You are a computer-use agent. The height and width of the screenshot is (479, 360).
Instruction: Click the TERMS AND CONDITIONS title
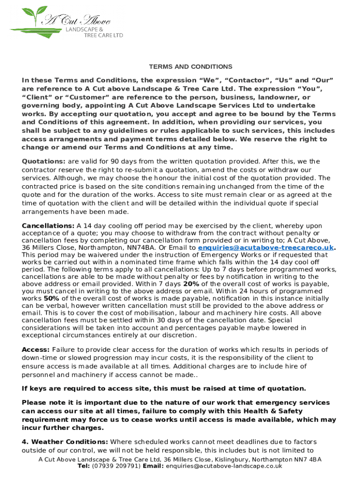[x=190, y=67]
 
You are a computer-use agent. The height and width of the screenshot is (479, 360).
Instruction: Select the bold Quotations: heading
[x=44, y=161]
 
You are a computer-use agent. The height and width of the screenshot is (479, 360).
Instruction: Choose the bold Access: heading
[x=36, y=350]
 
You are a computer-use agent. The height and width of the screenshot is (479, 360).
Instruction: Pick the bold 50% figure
[x=51, y=298]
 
